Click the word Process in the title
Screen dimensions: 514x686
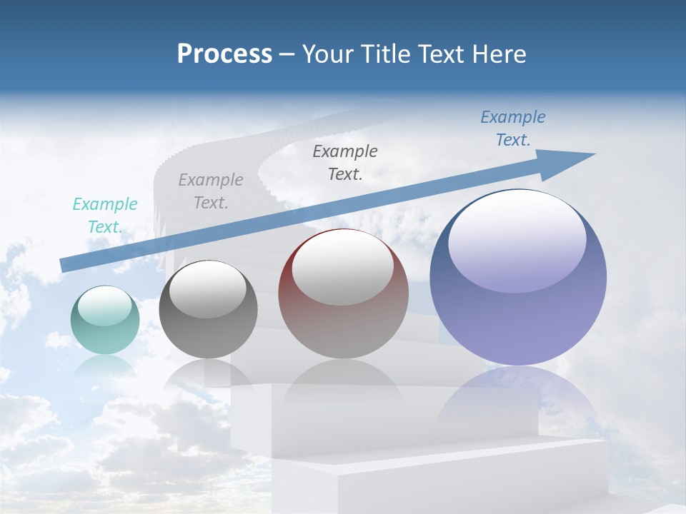pyautogui.click(x=224, y=54)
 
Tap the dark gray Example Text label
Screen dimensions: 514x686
pyautogui.click(x=345, y=163)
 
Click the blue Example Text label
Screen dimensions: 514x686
pyautogui.click(x=513, y=128)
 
